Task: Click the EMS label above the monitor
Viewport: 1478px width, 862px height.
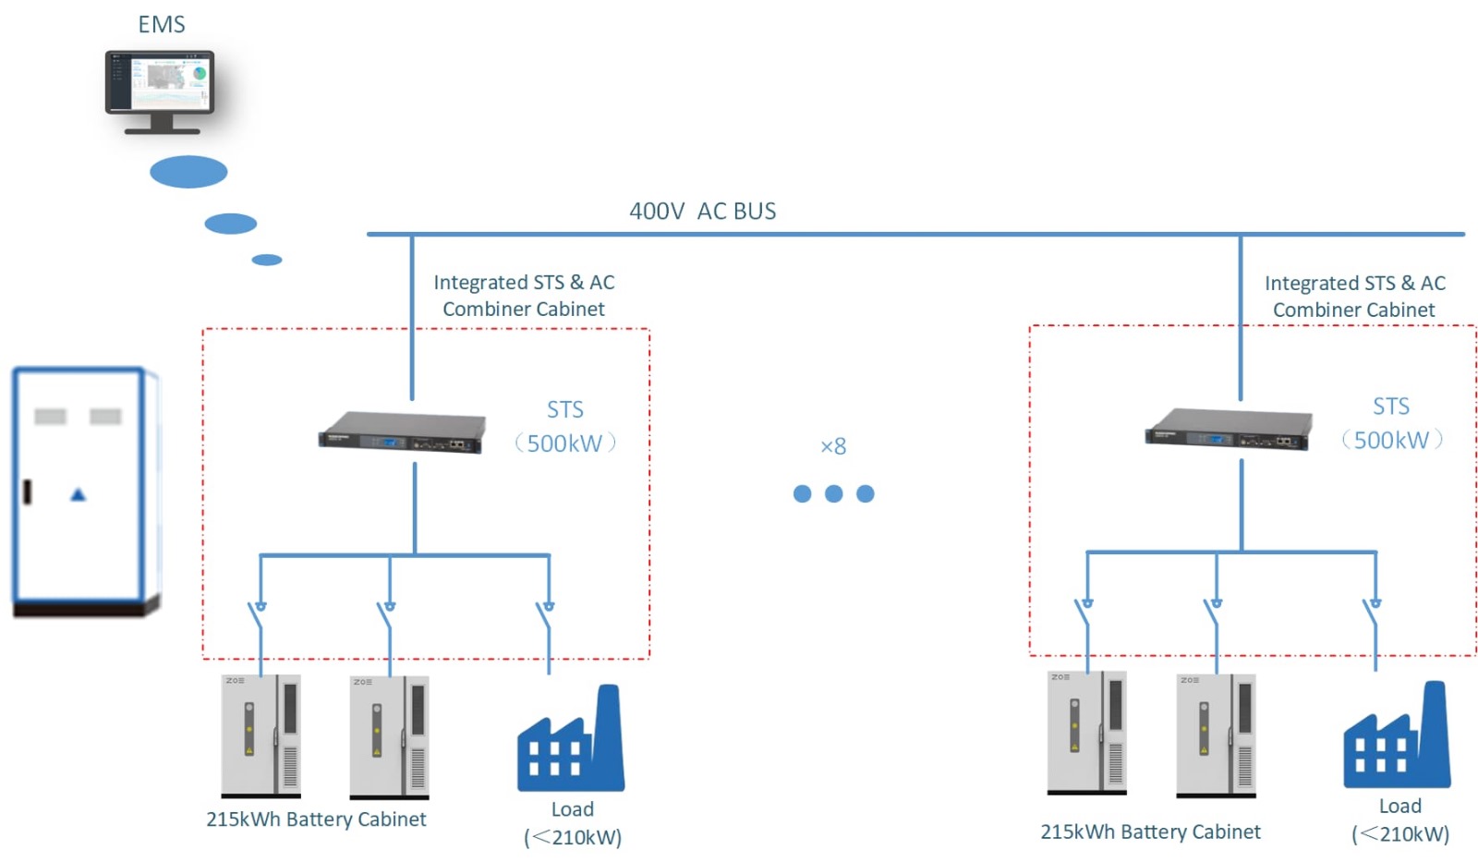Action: point(161,24)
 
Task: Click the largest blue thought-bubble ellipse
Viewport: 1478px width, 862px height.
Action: point(188,172)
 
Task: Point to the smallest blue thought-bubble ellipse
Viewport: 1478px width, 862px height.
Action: point(267,260)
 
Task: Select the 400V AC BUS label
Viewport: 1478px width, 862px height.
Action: point(703,212)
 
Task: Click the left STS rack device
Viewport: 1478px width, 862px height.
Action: point(403,432)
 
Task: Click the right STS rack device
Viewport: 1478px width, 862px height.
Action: point(1229,429)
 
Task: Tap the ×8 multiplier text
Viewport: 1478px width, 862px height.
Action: point(833,447)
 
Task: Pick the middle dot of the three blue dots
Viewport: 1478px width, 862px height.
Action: point(834,493)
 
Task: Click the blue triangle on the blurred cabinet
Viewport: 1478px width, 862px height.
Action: point(79,494)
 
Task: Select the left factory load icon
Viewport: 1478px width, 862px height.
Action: point(571,738)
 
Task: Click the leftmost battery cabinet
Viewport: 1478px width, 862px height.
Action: point(260,736)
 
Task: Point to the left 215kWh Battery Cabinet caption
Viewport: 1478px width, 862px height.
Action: point(316,820)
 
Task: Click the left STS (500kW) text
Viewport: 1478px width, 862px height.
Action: point(565,426)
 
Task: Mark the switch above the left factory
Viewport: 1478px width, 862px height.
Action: point(546,617)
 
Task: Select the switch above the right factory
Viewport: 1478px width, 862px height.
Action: point(1373,613)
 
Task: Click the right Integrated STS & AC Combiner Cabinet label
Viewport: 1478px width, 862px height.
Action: point(1354,297)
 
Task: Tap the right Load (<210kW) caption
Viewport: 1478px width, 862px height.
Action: point(1400,820)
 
